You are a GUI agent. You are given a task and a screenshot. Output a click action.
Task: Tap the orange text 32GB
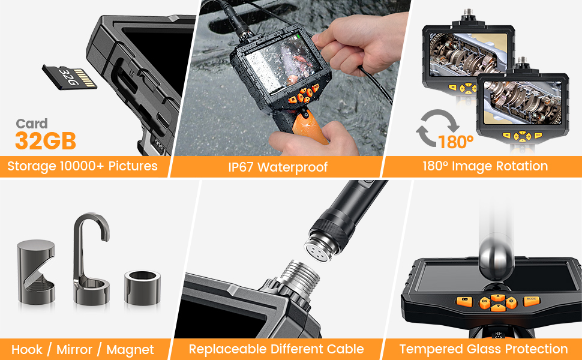pos(46,142)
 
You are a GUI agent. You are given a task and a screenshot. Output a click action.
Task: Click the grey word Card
pos(32,124)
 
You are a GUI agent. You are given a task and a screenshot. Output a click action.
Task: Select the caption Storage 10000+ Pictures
pos(82,166)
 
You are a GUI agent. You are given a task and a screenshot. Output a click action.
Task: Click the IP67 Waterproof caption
pos(278,167)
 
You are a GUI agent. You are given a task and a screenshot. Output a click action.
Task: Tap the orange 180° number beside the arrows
pos(456,142)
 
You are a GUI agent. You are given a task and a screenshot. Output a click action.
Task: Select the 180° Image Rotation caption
pos(482,166)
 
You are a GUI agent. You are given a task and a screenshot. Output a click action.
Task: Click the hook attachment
pos(91,258)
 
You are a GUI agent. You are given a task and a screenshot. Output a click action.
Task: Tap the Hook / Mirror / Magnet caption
pos(82,349)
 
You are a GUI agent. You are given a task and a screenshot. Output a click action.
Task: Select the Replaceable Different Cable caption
pos(276,349)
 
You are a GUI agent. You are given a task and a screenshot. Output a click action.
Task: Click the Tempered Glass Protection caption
pos(483,349)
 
